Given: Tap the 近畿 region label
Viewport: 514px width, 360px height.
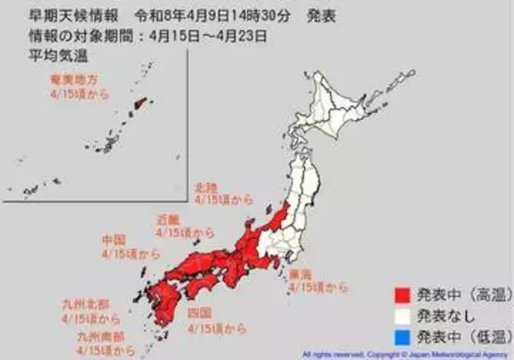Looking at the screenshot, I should (168, 219).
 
